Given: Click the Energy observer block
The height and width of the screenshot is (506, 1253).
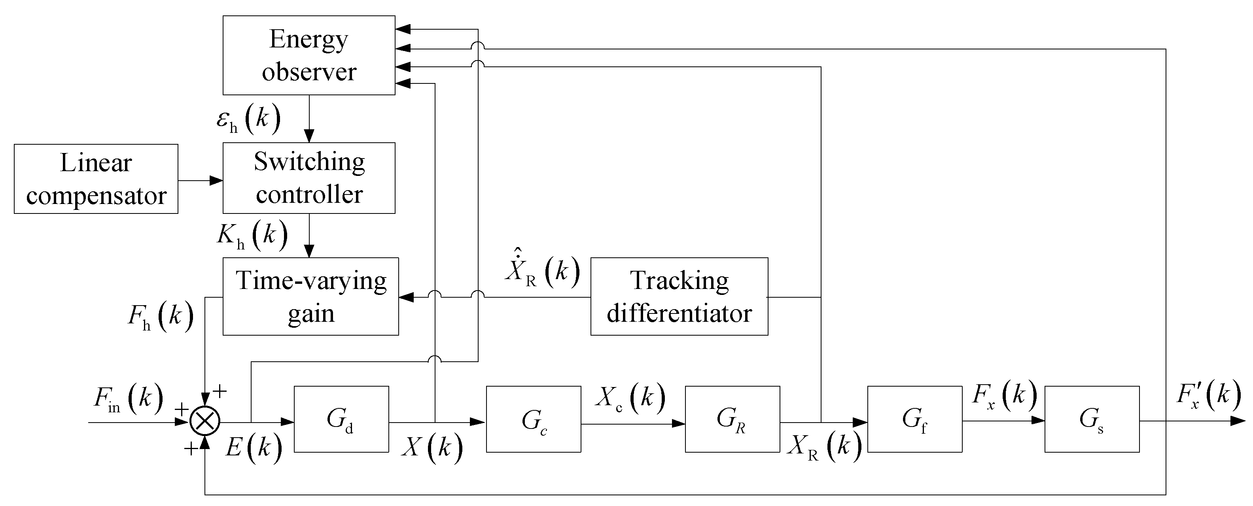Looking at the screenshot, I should pos(309,55).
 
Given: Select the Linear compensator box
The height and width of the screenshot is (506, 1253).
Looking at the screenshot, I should pos(96,179).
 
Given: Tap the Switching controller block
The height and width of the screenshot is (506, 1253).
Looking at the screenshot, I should pos(309,178).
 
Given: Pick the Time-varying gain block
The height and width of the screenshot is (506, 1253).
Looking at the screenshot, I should pos(310,296).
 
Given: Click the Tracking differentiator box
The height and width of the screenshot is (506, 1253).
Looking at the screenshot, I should pos(679,296).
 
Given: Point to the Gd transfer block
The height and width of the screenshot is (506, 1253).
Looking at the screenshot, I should pos(341,419).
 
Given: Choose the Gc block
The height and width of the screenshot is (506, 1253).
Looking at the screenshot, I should pos(533,419).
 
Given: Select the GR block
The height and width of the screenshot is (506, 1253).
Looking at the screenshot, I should pos(732,419).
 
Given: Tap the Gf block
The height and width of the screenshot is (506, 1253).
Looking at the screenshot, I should pos(914,419).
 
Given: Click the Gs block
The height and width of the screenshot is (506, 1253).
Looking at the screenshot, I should pos(1092,419).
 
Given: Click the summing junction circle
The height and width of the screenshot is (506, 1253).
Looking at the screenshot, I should pos(205,421).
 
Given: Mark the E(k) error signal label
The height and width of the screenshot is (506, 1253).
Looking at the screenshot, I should pos(254,447).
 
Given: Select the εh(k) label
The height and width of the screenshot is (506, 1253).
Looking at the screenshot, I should pos(248,119).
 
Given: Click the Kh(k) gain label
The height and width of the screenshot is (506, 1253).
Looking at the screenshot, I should pos(252,235).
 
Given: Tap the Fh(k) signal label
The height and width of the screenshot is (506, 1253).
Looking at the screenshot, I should pos(161,316).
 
